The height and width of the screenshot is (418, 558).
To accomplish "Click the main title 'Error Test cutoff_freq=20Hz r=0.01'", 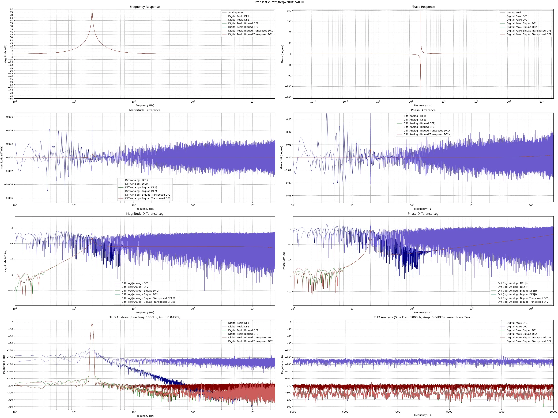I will pyautogui.click(x=279, y=2).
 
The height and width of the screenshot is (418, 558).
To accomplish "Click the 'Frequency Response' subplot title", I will pyautogui.click(x=145, y=7).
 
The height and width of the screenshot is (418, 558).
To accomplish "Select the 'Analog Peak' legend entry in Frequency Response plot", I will pyautogui.click(x=236, y=13).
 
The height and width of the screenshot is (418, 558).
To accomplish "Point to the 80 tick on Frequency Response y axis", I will pyautogui.click(x=11, y=10).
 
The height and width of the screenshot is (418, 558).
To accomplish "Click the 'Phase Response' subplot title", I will pyautogui.click(x=423, y=7).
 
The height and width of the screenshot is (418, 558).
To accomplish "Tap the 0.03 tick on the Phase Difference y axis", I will pyautogui.click(x=288, y=119).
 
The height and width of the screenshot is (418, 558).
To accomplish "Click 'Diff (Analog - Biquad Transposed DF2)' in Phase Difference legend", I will pyautogui.click(x=426, y=134).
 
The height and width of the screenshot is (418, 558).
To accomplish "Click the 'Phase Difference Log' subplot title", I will pyautogui.click(x=423, y=214).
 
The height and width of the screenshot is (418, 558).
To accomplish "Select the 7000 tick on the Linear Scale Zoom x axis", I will pyautogui.click(x=397, y=412).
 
